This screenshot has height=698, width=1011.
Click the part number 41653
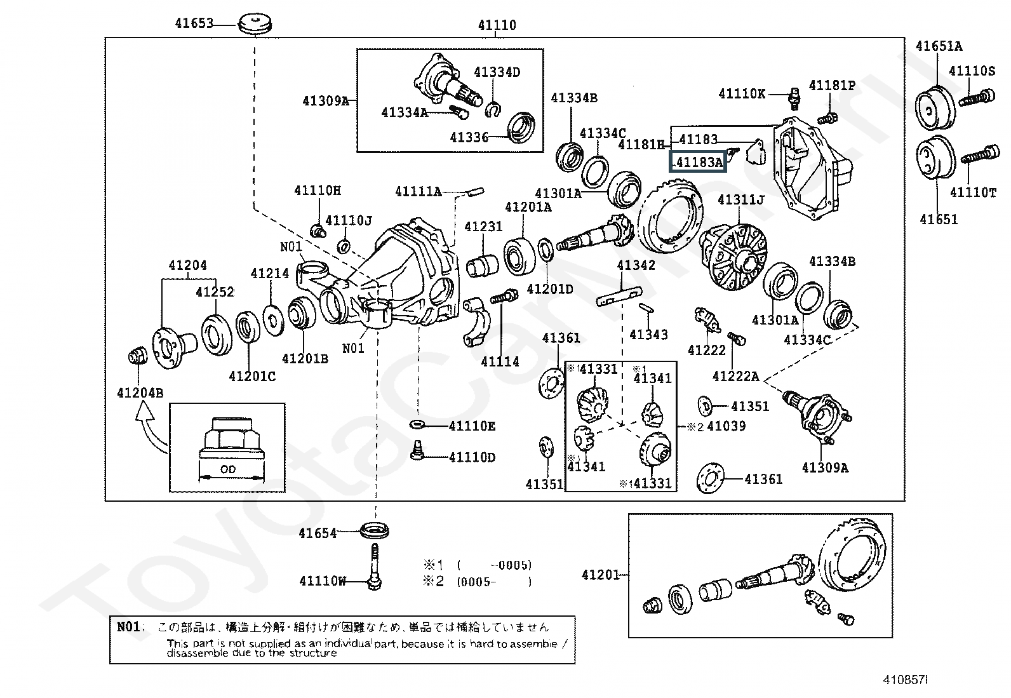click(194, 24)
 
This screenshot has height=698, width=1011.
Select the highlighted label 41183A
click(699, 163)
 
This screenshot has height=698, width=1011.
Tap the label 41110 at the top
click(497, 25)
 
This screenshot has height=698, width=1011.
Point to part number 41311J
click(740, 200)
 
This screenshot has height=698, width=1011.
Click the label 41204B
click(140, 393)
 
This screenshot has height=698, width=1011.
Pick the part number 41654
click(318, 534)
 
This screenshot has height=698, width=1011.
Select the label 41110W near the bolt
click(323, 581)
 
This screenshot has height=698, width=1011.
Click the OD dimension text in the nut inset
click(228, 469)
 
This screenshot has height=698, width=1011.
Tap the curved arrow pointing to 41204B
click(150, 432)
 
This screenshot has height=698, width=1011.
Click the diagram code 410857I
click(905, 680)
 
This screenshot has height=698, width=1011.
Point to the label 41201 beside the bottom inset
click(600, 575)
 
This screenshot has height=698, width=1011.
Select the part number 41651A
click(938, 46)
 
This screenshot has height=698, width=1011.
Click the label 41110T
click(972, 192)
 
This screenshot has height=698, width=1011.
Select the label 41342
click(636, 265)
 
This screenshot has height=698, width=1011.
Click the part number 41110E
click(471, 426)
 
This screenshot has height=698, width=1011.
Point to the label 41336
click(469, 137)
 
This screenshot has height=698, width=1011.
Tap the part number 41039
click(726, 426)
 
